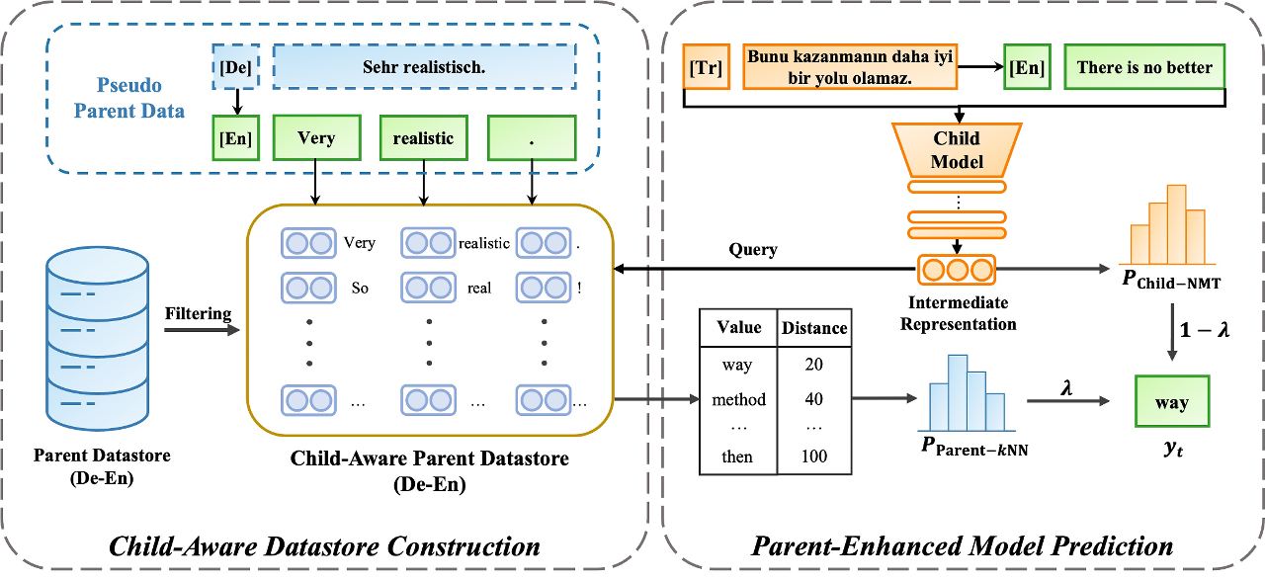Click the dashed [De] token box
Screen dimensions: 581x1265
pos(236,69)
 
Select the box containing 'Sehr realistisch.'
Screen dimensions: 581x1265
pos(424,69)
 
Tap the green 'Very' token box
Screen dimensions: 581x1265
pos(316,139)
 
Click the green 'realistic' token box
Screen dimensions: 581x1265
pos(423,139)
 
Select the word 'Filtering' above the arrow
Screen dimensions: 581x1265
pos(199,314)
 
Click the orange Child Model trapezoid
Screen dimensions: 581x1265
pos(957,147)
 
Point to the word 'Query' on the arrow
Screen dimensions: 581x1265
pos(753,250)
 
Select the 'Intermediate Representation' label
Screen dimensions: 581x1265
pos(959,314)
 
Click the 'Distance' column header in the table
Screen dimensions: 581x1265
pos(814,327)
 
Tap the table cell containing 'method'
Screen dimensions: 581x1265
pos(738,400)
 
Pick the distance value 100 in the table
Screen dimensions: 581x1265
pos(814,456)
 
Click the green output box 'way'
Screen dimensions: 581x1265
pos(1172,403)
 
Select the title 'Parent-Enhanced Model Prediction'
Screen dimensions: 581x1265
pos(963,546)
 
